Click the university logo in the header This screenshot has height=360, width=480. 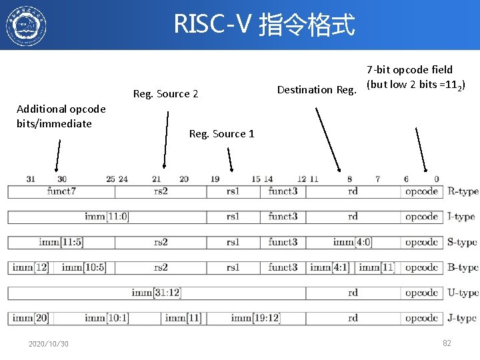click(x=26, y=25)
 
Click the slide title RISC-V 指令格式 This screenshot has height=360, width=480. click(x=264, y=25)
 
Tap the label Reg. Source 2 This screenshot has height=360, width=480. click(x=165, y=94)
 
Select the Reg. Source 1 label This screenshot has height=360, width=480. click(x=221, y=134)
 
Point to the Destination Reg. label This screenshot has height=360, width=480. click(x=317, y=89)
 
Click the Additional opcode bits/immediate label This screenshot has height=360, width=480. click(x=61, y=116)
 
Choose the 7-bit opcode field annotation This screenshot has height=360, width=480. click(x=415, y=77)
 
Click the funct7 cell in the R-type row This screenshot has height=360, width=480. click(x=61, y=191)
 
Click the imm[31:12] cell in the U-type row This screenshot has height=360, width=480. click(x=157, y=293)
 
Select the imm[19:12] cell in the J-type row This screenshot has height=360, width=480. click(x=255, y=318)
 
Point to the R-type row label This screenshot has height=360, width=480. click(x=463, y=191)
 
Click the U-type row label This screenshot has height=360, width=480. click(x=463, y=293)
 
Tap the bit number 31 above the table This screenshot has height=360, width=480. click(x=31, y=179)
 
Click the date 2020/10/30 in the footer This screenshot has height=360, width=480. click(x=48, y=343)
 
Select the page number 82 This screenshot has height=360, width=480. click(x=447, y=343)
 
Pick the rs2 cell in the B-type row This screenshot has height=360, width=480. click(x=161, y=267)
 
